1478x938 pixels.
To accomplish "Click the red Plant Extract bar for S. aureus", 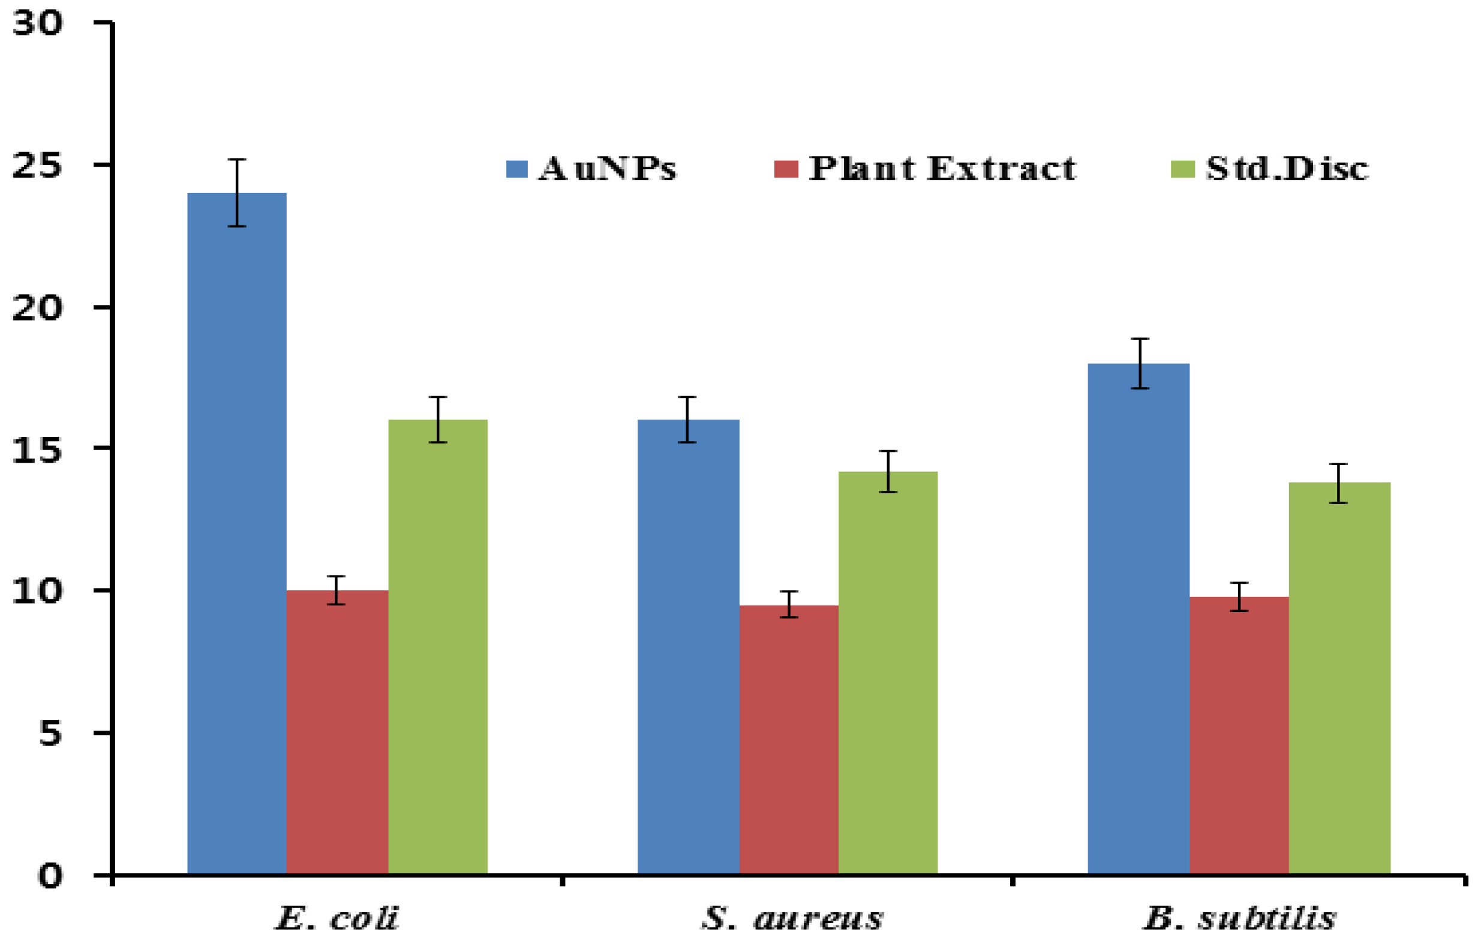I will (x=788, y=738).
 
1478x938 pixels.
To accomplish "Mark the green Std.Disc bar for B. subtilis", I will (x=1339, y=677).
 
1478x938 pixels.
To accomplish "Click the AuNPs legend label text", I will (x=607, y=168).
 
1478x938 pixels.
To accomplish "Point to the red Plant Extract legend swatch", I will (x=786, y=168).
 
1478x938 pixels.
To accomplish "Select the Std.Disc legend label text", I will (x=1287, y=168).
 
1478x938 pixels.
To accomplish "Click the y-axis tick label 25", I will (x=37, y=165).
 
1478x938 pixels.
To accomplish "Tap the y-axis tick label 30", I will (x=37, y=24).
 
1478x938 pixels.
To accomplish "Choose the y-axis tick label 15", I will (x=37, y=450).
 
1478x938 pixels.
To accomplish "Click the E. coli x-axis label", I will (x=337, y=918).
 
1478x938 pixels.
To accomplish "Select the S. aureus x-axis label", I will (x=792, y=918).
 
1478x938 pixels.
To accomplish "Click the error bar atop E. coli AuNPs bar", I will (x=237, y=192).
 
